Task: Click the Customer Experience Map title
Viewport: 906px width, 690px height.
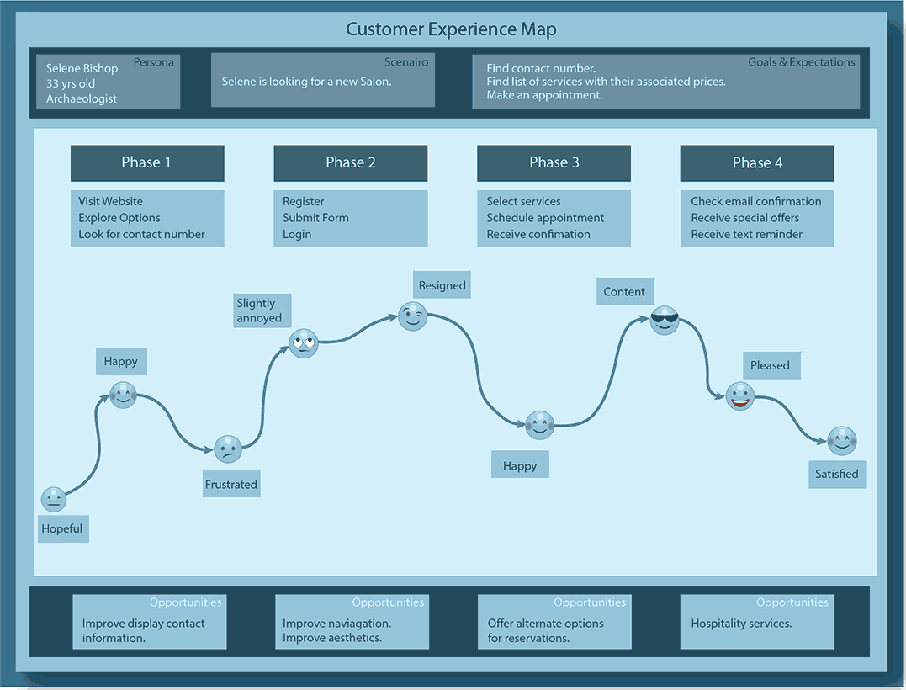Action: [x=451, y=29]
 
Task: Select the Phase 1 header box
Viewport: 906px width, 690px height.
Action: [x=147, y=162]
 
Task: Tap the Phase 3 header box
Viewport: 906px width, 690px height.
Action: [x=554, y=162]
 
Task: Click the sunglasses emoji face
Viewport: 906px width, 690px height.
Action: [x=665, y=320]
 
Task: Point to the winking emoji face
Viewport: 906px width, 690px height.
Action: [x=412, y=316]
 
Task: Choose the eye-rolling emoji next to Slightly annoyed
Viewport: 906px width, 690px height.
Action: [x=304, y=342]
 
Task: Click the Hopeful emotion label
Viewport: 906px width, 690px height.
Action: [x=63, y=528]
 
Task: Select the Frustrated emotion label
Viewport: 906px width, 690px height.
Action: [x=231, y=484]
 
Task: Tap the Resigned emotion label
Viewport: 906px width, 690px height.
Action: [x=442, y=285]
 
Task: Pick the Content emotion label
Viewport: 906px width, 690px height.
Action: [x=624, y=292]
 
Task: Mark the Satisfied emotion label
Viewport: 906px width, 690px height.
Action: [x=837, y=474]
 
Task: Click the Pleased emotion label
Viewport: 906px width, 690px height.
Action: [x=771, y=365]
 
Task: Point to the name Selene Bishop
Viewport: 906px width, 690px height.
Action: [x=82, y=68]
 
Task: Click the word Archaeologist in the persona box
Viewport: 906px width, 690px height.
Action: [x=82, y=98]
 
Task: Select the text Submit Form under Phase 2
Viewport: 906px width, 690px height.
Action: [x=315, y=217]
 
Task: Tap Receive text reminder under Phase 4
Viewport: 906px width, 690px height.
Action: [x=747, y=234]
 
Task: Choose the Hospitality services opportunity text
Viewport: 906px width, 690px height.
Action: [x=741, y=624]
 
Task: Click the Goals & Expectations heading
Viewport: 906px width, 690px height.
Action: [x=802, y=61]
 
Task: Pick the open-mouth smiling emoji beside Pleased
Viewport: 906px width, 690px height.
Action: [x=740, y=395]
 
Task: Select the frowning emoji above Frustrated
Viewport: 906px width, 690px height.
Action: [x=228, y=449]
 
